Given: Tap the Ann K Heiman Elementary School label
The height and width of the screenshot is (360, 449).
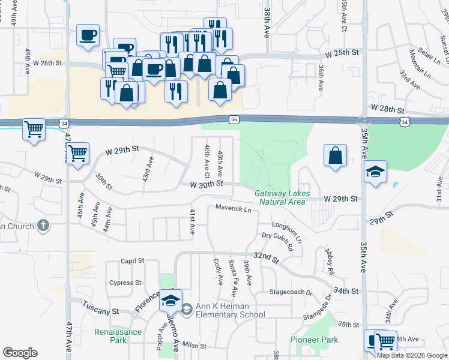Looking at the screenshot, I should [227, 310].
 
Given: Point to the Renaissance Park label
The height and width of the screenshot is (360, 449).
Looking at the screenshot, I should [118, 335].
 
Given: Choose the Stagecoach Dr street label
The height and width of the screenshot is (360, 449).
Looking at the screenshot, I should [291, 293].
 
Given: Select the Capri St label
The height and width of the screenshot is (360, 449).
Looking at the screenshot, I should [132, 261].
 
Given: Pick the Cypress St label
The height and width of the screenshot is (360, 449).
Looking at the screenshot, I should [125, 283].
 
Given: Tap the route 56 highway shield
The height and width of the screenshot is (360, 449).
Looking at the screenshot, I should [234, 119].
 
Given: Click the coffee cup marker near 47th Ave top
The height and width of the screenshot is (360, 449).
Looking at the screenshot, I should [88, 35].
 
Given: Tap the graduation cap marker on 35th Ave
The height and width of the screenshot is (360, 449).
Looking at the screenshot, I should [375, 172].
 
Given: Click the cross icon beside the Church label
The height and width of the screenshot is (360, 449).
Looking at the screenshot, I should [42, 226].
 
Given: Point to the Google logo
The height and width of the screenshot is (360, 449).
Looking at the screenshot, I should [20, 353].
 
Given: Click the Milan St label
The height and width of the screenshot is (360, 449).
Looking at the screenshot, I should [194, 346].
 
